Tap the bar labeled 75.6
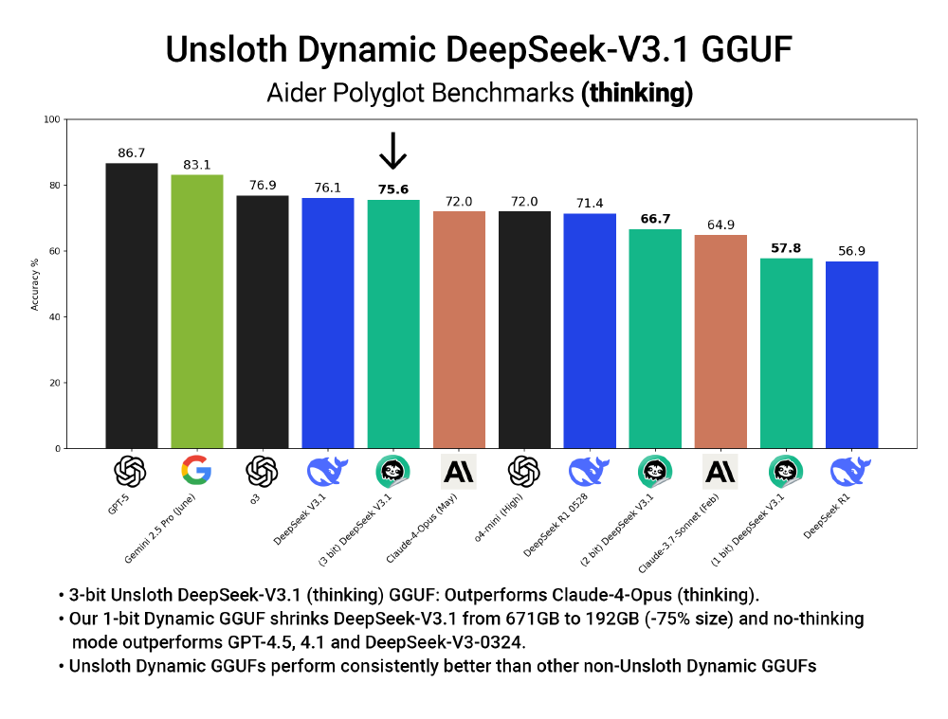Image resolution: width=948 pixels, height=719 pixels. tap(393, 323)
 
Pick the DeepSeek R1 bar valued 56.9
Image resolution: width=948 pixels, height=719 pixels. tap(851, 354)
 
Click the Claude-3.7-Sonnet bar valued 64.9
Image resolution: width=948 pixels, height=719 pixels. tap(720, 341)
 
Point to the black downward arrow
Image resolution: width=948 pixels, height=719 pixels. tap(392, 151)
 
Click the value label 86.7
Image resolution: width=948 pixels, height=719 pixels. tap(131, 153)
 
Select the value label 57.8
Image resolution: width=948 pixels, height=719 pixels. tap(786, 248)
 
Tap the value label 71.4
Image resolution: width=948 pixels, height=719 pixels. tap(590, 204)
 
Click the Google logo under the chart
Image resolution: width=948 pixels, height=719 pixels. tap(196, 471)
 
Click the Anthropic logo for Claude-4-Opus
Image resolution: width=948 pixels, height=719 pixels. tap(459, 471)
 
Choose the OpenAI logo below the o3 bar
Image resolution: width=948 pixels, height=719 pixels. tap(262, 471)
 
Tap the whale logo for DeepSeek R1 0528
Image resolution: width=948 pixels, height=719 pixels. tap(590, 471)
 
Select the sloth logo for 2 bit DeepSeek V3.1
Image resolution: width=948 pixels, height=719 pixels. tap(655, 471)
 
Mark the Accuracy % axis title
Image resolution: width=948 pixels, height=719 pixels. tap(35, 283)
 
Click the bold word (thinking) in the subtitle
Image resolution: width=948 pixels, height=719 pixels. tap(636, 92)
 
